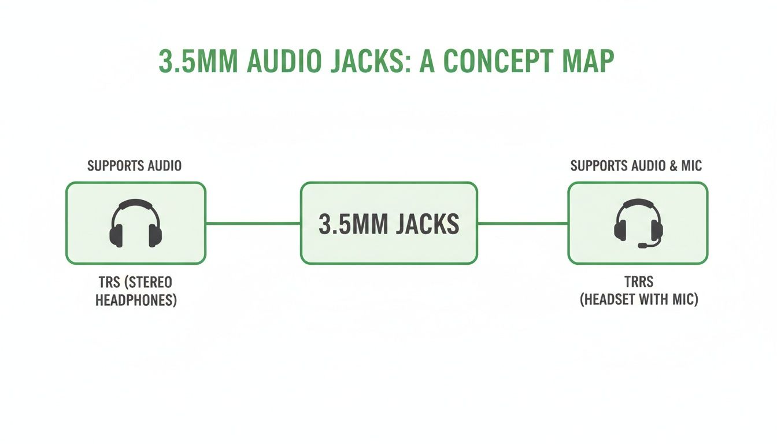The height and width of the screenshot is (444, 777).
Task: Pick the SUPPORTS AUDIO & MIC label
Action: point(636,166)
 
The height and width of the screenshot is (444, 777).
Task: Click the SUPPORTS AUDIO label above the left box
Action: point(134,166)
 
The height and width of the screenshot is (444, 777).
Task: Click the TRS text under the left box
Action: point(110,283)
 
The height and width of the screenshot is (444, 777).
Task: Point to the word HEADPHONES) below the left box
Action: point(135,301)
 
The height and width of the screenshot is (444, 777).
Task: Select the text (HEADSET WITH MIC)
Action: point(639,301)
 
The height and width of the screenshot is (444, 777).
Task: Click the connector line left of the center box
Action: point(253,223)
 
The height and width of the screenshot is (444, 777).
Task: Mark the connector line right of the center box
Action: point(523,223)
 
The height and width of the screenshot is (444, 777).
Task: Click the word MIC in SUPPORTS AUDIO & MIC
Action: point(691,166)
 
